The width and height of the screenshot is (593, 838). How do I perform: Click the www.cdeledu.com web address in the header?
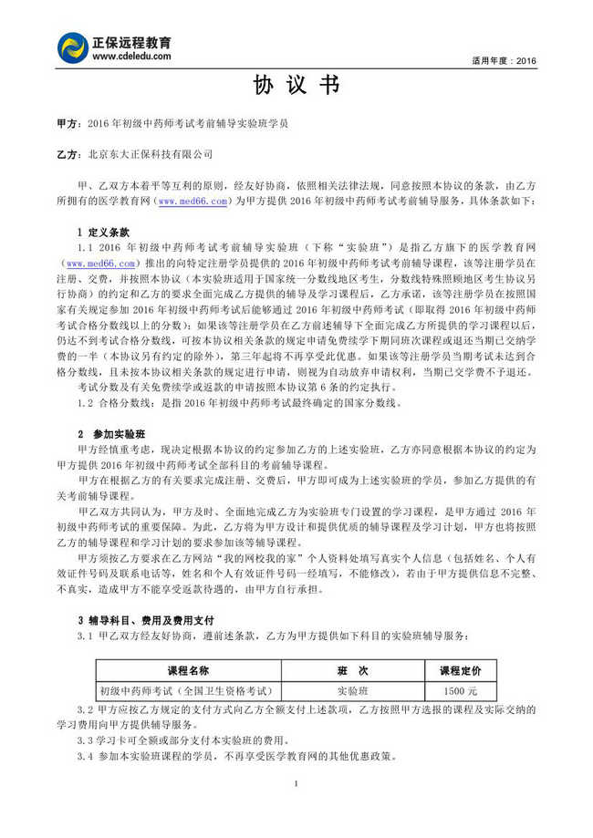[131, 57]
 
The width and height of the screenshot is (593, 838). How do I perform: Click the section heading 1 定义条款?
[103, 233]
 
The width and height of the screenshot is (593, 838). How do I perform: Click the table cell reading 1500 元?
[461, 690]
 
